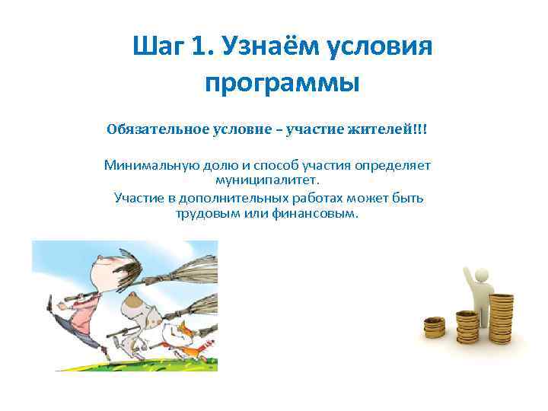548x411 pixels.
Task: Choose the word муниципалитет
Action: pyautogui.click(x=269, y=180)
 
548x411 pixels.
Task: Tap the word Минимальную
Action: pyautogui.click(x=147, y=165)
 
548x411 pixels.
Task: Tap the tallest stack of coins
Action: pyautogui.click(x=500, y=312)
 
